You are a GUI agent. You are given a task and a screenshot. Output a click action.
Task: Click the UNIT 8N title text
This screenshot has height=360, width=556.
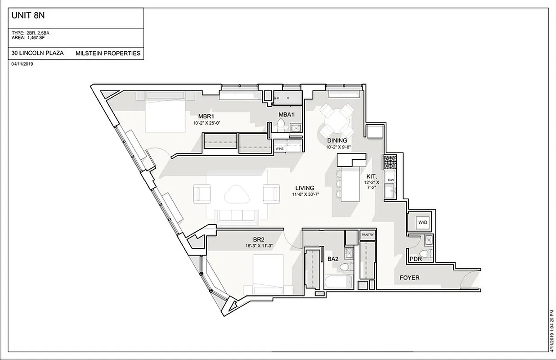(x=28, y=16)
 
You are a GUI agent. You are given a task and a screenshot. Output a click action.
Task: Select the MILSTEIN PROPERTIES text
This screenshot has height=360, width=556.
(x=108, y=53)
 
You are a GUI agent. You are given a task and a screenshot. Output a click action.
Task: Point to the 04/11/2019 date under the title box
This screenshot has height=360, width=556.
(x=22, y=64)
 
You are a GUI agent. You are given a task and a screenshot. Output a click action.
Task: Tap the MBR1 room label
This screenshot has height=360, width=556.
(x=206, y=117)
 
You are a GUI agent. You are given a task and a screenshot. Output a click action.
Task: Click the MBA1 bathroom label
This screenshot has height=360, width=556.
(x=286, y=115)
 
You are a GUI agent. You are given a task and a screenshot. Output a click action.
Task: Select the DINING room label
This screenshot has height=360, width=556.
(x=337, y=141)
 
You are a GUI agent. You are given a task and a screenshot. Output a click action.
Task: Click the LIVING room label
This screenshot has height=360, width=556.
(x=305, y=188)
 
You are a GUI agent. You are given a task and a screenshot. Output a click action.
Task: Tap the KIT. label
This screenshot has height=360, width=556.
(x=371, y=177)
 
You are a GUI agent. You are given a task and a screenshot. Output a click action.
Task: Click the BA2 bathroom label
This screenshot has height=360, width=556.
(x=333, y=259)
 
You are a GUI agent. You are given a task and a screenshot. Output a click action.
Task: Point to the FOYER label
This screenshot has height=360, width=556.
(x=409, y=278)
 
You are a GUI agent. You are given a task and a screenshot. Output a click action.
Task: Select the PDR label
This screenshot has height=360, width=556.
(x=416, y=259)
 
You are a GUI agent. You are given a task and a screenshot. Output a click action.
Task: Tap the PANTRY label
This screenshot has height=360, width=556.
(x=367, y=235)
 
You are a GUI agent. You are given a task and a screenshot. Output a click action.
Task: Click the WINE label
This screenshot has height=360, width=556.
(x=280, y=148)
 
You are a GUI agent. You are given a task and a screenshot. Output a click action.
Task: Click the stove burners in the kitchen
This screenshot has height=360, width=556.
(x=389, y=161)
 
